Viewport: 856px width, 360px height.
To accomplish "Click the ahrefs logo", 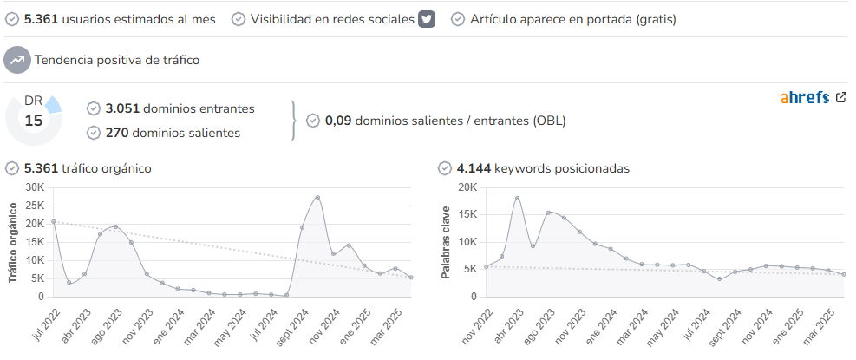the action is pyautogui.click(x=805, y=98).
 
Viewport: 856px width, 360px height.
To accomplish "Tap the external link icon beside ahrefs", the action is pyautogui.click(x=841, y=97).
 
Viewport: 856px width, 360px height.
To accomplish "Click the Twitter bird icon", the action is pyautogui.click(x=427, y=19).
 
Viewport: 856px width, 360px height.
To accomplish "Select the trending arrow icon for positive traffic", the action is pyautogui.click(x=17, y=60).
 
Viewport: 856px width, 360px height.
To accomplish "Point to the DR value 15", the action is pyautogui.click(x=33, y=121).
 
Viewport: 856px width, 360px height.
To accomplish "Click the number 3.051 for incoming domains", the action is pyautogui.click(x=122, y=108).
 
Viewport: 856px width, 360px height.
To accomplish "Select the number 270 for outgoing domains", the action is pyautogui.click(x=117, y=133).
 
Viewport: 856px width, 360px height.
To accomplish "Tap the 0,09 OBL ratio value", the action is pyautogui.click(x=338, y=121).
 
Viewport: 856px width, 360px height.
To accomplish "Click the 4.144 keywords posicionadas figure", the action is pyautogui.click(x=474, y=168).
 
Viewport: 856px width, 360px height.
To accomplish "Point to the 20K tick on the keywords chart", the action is pyautogui.click(x=467, y=187).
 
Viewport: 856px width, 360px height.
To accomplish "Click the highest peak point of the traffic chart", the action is pyautogui.click(x=317, y=197).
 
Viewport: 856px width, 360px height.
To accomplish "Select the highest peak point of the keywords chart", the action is pyautogui.click(x=517, y=199).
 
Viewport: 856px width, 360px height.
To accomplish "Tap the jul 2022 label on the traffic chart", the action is pyautogui.click(x=48, y=324).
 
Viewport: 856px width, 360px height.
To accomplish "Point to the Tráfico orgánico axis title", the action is pyautogui.click(x=14, y=243).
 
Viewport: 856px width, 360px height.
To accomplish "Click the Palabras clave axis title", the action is pyautogui.click(x=446, y=243).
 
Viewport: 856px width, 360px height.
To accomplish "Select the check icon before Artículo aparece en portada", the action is pyautogui.click(x=457, y=19).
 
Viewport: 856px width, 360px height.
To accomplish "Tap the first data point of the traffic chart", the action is pyautogui.click(x=53, y=221).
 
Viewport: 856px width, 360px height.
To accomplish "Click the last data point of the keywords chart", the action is pyautogui.click(x=844, y=274).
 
